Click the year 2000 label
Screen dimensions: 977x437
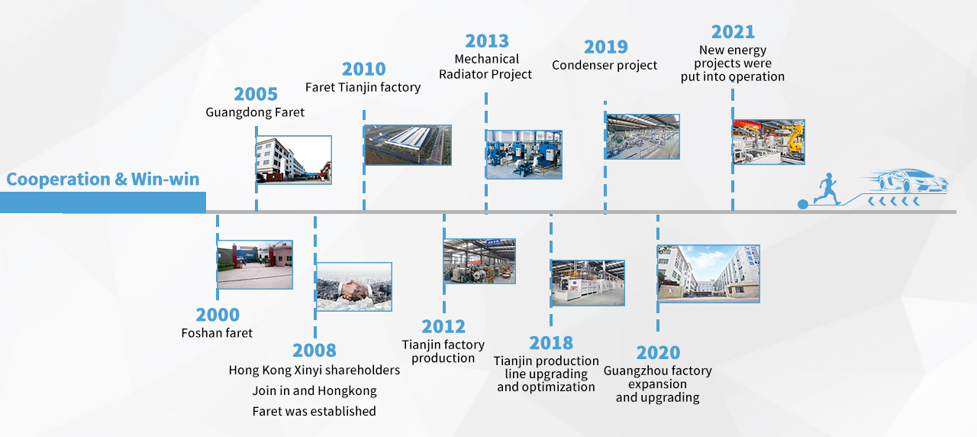point(218,315)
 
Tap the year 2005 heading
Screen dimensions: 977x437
point(256,94)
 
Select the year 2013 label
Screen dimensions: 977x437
point(487,41)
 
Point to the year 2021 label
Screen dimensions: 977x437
point(733,32)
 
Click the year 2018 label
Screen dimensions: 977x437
point(551,343)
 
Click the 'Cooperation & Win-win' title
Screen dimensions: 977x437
point(103,179)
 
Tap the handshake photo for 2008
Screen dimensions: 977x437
point(354,286)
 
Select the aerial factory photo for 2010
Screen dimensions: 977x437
point(408,145)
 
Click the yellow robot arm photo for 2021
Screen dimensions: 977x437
point(769,142)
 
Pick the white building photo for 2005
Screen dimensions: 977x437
point(294,160)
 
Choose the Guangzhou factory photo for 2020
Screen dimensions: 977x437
point(708,274)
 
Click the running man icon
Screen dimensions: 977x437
point(827,189)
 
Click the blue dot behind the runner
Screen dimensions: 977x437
point(802,204)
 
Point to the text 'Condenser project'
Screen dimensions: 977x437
point(605,65)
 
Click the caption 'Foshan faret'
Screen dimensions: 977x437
point(217,333)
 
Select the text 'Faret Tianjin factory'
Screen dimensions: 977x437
point(363,87)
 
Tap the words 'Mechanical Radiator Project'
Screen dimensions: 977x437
point(485,66)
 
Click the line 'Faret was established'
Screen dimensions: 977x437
point(314,411)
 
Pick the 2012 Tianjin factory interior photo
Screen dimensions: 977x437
point(479,261)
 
